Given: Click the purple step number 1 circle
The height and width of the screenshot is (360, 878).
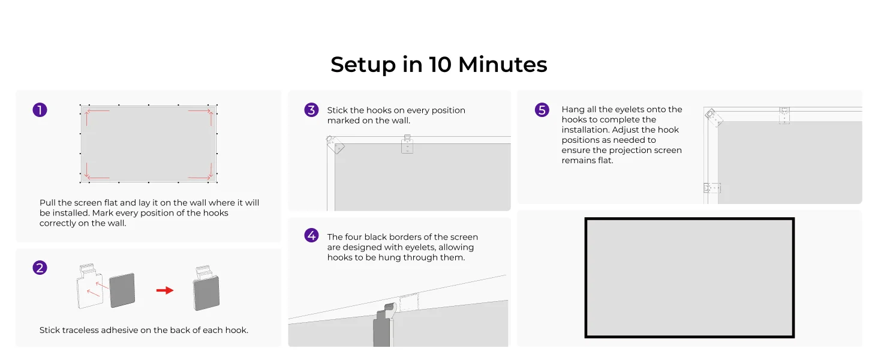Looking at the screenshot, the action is pyautogui.click(x=40, y=110).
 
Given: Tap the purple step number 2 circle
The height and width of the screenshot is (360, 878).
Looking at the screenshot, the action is pyautogui.click(x=40, y=268).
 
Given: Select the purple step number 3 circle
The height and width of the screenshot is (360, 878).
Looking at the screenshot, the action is pyautogui.click(x=312, y=110).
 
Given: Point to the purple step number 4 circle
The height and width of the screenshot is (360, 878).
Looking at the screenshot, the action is pyautogui.click(x=312, y=235).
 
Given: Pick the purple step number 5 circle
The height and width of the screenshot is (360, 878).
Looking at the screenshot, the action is pyautogui.click(x=542, y=110).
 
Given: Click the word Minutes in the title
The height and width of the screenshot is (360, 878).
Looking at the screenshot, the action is pyautogui.click(x=503, y=64).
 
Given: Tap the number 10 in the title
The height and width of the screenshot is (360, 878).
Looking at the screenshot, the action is pyautogui.click(x=440, y=64).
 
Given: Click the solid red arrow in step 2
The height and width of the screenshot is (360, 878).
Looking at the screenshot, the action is pyautogui.click(x=164, y=290).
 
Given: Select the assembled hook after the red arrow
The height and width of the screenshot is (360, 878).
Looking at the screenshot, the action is pyautogui.click(x=206, y=288).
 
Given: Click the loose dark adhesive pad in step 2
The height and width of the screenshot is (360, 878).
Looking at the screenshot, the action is pyautogui.click(x=122, y=290).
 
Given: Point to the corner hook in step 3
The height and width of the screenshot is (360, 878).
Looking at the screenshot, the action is pyautogui.click(x=335, y=145).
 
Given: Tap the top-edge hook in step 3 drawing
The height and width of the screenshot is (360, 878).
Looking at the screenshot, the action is pyautogui.click(x=407, y=144).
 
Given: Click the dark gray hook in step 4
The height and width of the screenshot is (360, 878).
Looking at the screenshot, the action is pyautogui.click(x=384, y=325).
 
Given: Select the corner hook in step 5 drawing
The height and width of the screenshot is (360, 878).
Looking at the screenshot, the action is pyautogui.click(x=714, y=118).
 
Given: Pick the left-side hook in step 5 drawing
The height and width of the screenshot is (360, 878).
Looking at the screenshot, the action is pyautogui.click(x=712, y=188).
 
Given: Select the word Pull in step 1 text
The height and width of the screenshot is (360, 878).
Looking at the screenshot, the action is pyautogui.click(x=47, y=203).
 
